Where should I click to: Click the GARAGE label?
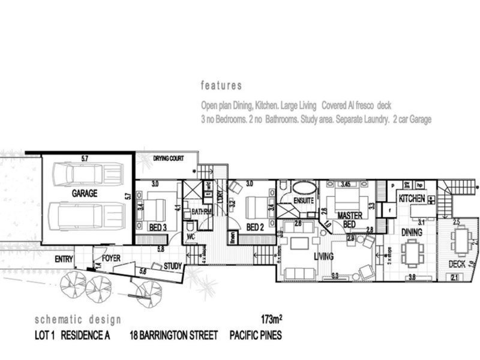tap(85, 194)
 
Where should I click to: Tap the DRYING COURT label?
tap(167, 159)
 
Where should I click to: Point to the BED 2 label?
tap(255, 227)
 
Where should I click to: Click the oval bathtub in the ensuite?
tap(301, 187)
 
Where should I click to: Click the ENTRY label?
tap(64, 260)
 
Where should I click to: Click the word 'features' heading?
tap(221, 85)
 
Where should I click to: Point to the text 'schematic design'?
tap(77, 319)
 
